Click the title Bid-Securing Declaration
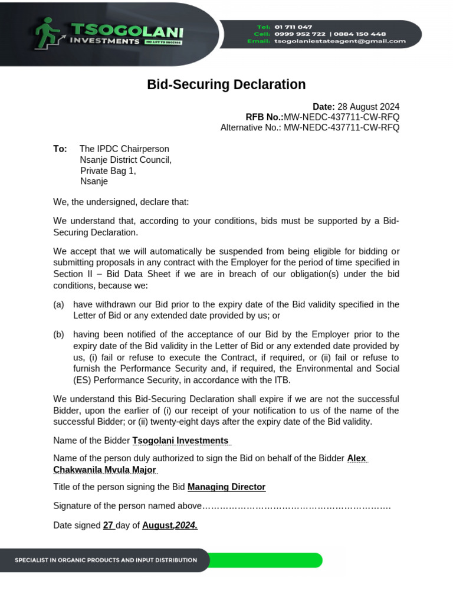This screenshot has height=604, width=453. pos(226,84)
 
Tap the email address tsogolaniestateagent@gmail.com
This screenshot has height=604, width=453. pos(340,41)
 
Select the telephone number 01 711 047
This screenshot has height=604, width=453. pos(293,27)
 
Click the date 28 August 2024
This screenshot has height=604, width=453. pos(368,107)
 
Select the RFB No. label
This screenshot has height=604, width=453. pos(264,117)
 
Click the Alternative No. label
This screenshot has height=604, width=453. pos(251,127)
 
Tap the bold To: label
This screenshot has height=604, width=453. pos(60,149)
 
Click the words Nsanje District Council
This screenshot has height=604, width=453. pos(125,160)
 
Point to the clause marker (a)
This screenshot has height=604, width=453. pos(58,304)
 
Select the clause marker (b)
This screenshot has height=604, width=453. pos(58,334)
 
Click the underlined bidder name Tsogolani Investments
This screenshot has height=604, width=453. pos(180,441)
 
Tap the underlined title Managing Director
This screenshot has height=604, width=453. pos(226,487)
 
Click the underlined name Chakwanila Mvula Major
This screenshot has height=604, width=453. pos(104,470)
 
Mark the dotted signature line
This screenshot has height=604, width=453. pos(297,507)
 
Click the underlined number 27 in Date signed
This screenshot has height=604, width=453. pos(108,526)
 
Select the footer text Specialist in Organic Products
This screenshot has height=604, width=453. pos(106,560)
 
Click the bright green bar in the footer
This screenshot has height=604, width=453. pos(265,560)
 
